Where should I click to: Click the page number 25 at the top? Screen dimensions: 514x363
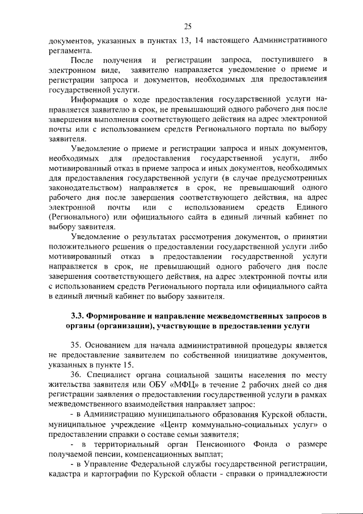(x=188, y=26)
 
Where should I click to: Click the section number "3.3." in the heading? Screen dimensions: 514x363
(x=79, y=315)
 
